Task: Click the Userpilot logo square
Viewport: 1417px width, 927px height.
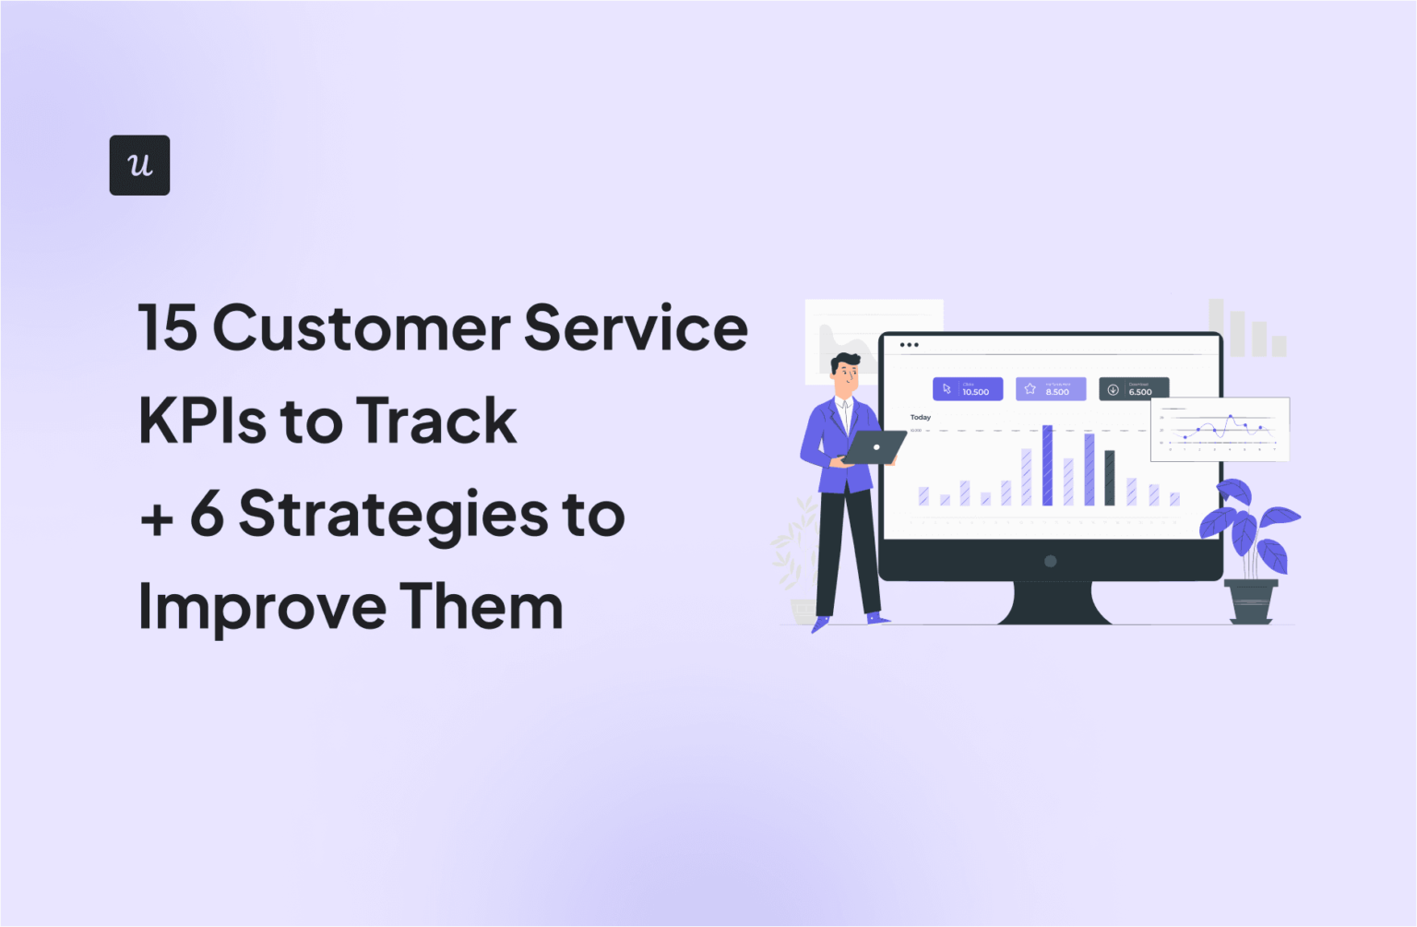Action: pyautogui.click(x=139, y=165)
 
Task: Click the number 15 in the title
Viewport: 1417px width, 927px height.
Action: pyautogui.click(x=168, y=327)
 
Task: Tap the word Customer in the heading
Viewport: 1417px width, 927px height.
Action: pyautogui.click(x=362, y=327)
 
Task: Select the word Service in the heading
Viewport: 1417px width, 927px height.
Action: pyautogui.click(x=636, y=327)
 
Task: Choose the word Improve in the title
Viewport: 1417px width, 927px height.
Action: pyautogui.click(x=262, y=607)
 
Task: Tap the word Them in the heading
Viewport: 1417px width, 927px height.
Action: pyautogui.click(x=481, y=607)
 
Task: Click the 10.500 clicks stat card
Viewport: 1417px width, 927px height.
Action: pyautogui.click(x=967, y=389)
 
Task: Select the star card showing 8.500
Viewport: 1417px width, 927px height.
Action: pyautogui.click(x=1050, y=389)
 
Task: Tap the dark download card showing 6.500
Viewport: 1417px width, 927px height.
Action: pyautogui.click(x=1133, y=389)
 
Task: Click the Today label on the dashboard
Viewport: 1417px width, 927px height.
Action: pyautogui.click(x=920, y=417)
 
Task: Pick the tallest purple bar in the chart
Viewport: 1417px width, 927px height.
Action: pyautogui.click(x=1047, y=465)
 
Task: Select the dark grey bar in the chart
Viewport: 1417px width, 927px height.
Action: pyautogui.click(x=1110, y=478)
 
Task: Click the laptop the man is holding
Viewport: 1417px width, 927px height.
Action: pyautogui.click(x=874, y=448)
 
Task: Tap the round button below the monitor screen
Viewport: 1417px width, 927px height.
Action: pyautogui.click(x=1050, y=561)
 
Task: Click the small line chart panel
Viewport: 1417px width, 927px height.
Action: pyautogui.click(x=1219, y=429)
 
